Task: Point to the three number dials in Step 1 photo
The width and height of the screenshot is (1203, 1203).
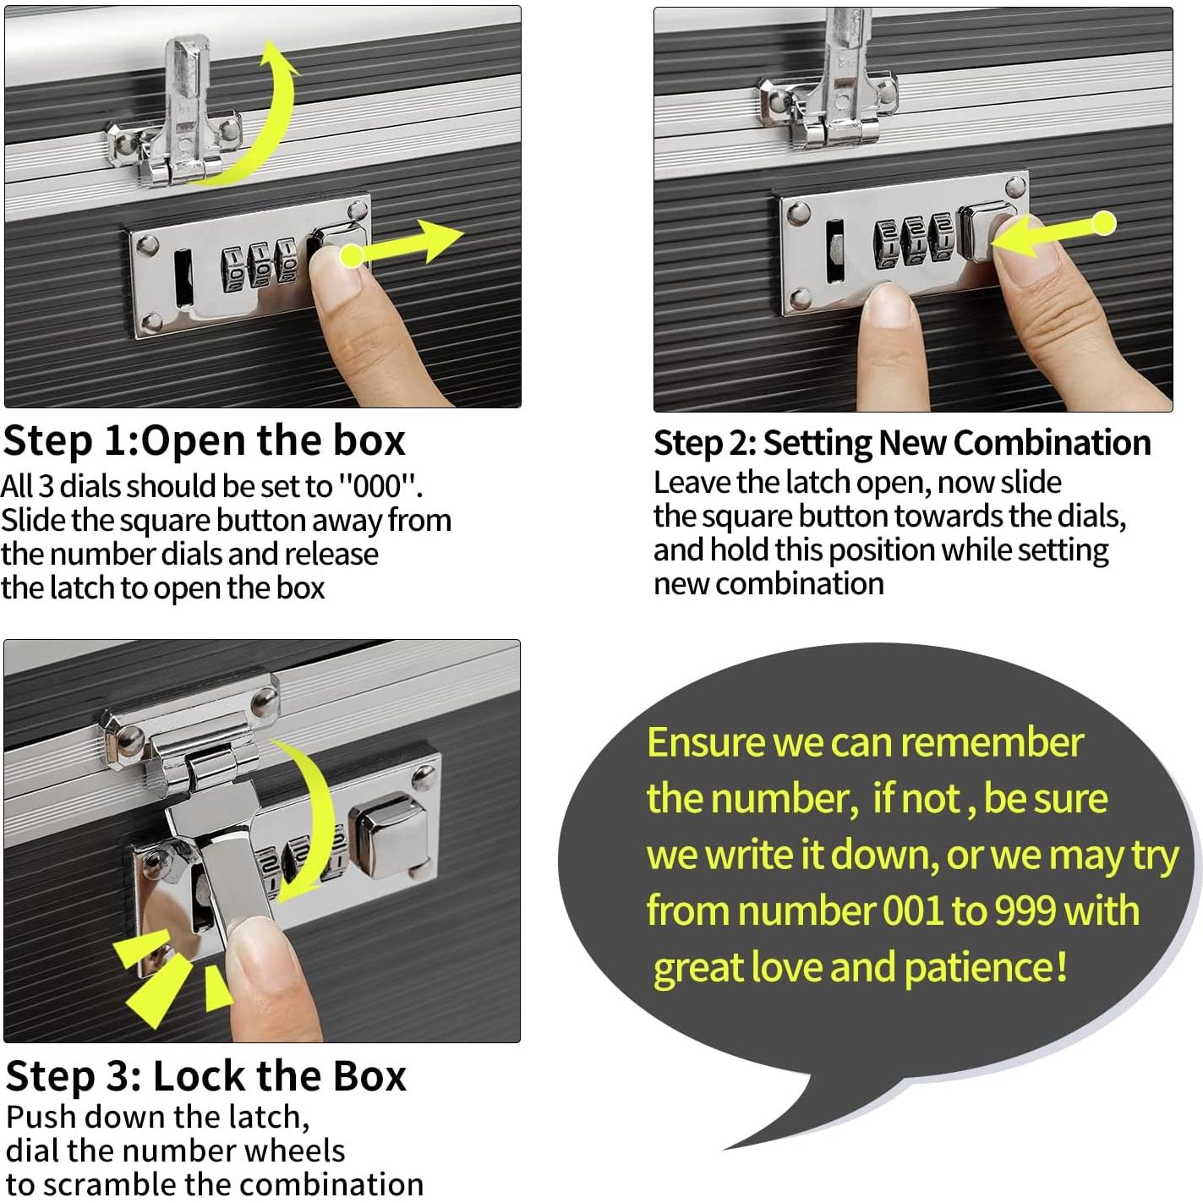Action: tap(259, 266)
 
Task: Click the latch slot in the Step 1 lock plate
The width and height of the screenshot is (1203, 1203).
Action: tap(183, 279)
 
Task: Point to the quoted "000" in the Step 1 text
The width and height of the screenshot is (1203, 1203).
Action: tap(379, 486)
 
